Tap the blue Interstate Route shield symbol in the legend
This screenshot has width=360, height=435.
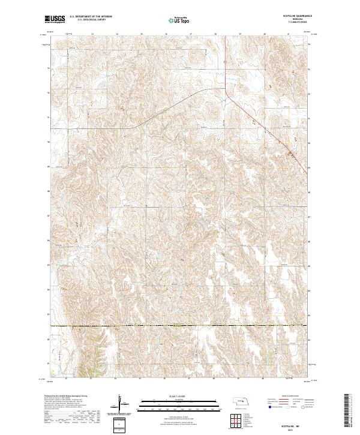point(266,406)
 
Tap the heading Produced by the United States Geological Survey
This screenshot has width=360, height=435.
point(70,396)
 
